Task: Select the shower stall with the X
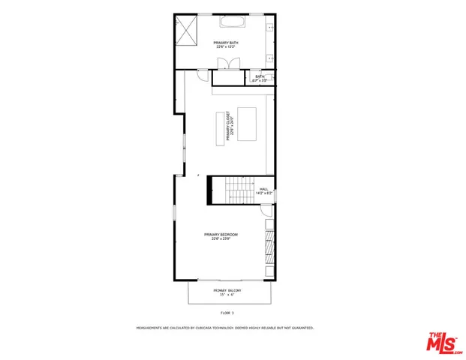tap(186, 31)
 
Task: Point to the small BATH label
tap(260, 76)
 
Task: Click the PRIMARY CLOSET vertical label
tap(237, 126)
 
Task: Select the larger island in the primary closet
tap(247, 121)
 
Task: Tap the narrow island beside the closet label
tap(221, 126)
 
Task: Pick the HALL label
tap(263, 189)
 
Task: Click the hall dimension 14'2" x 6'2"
tap(263, 193)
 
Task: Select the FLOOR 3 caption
tap(227, 312)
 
